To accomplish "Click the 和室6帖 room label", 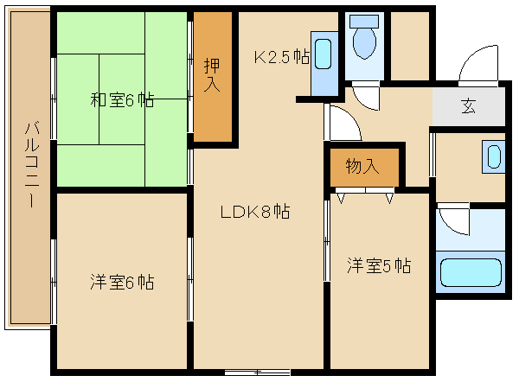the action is coord(122,99).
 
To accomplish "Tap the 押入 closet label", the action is coord(212,74).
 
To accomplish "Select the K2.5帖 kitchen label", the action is coord(282,57).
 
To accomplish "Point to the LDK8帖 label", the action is coord(255,212).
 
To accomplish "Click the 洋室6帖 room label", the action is coord(122,282).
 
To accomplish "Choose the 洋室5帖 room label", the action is coord(379,265).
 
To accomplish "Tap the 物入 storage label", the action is coord(362,166).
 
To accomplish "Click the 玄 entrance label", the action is coord(468,106).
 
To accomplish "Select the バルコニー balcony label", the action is coord(32,165).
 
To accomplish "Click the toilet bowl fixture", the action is coord(364,42).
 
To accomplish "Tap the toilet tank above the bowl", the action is coord(364,21).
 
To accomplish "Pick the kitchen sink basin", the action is coord(323,54).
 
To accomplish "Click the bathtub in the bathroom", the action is coord(471,272).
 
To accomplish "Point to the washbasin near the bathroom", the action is coord(494,156).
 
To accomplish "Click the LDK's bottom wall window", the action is coord(258,372).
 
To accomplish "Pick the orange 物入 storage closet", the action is coord(364,167).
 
